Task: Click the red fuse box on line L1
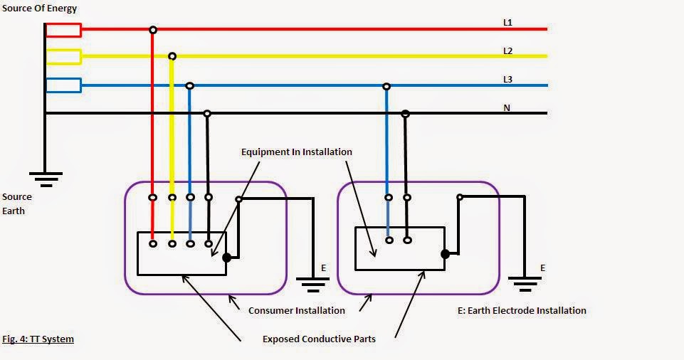[63, 30]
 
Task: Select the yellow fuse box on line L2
[63, 56]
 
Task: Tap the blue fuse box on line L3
[63, 85]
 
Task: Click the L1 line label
[507, 23]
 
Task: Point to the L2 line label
[507, 51]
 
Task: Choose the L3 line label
[507, 80]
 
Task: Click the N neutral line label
[507, 108]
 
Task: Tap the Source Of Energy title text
[39, 9]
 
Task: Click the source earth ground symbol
[46, 178]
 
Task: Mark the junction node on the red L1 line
[152, 30]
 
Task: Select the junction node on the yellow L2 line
[172, 56]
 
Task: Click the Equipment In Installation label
[296, 152]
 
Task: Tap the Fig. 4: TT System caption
[38, 339]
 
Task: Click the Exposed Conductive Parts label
[319, 339]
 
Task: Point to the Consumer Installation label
[296, 311]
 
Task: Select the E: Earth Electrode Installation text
[522, 311]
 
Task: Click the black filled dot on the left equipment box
[226, 258]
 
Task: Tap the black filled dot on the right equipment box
[445, 253]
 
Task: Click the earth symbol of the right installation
[525, 285]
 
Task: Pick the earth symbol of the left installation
[312, 285]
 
